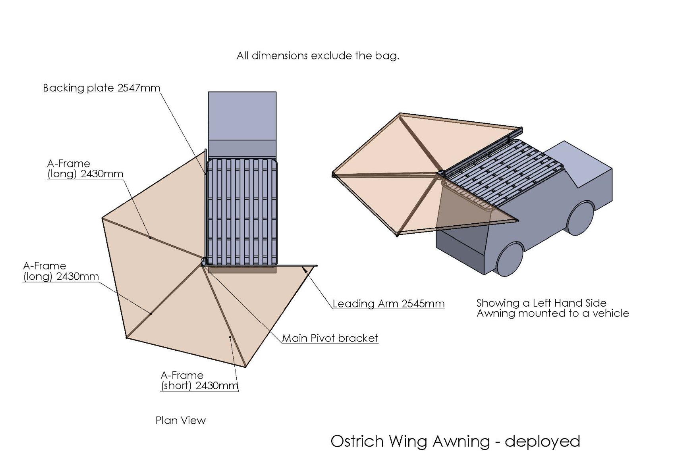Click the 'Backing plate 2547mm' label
click(101, 88)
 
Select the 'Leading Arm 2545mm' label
click(388, 304)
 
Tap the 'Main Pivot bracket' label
click(330, 338)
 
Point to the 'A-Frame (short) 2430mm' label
click(199, 381)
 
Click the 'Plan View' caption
click(181, 420)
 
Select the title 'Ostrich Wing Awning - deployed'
click(455, 441)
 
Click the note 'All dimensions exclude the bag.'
click(318, 56)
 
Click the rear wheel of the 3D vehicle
click(510, 258)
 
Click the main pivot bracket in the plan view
click(203, 261)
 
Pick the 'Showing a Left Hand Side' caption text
click(541, 303)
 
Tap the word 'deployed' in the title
click(542, 441)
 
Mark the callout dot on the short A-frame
click(230, 337)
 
